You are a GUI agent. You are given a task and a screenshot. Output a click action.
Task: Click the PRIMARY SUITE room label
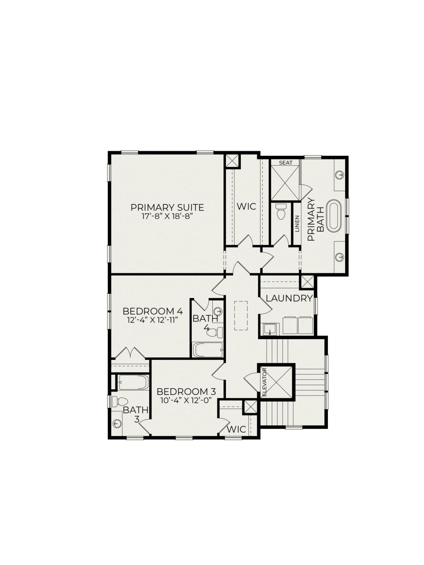click(x=167, y=207)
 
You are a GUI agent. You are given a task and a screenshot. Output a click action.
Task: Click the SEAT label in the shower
click(x=285, y=162)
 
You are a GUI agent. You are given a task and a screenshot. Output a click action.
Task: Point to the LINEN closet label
click(x=297, y=224)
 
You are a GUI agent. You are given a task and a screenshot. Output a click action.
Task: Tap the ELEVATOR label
click(x=264, y=382)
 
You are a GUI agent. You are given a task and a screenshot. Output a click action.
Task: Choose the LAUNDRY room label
click(x=289, y=298)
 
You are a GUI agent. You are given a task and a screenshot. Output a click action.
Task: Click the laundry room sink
click(x=269, y=329)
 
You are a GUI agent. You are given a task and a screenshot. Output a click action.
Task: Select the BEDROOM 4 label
click(x=153, y=311)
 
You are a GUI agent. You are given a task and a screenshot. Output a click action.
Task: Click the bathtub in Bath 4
click(x=208, y=350)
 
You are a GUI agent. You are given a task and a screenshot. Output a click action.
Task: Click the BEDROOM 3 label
click(x=186, y=392)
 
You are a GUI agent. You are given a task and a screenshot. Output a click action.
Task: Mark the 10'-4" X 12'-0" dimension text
click(x=186, y=401)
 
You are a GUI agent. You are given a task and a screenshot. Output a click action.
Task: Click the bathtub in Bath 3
click(x=133, y=382)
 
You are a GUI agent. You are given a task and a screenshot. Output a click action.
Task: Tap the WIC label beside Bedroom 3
click(x=236, y=429)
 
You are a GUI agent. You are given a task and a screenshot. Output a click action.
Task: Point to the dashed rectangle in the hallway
click(x=241, y=315)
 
